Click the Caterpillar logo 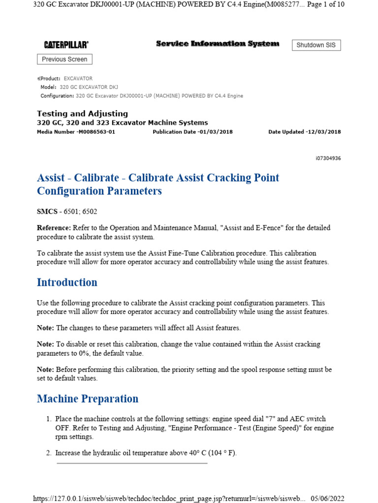(x=66, y=45)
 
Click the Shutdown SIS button (x=316, y=45)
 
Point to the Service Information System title (x=218, y=44)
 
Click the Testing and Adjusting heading (x=82, y=113)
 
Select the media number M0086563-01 (x=95, y=132)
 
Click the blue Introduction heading (x=67, y=282)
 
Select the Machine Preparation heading (x=88, y=399)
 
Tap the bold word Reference (x=54, y=228)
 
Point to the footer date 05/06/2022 (x=327, y=498)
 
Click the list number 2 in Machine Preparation (x=49, y=453)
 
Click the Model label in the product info (x=48, y=87)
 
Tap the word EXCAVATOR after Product (x=78, y=79)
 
